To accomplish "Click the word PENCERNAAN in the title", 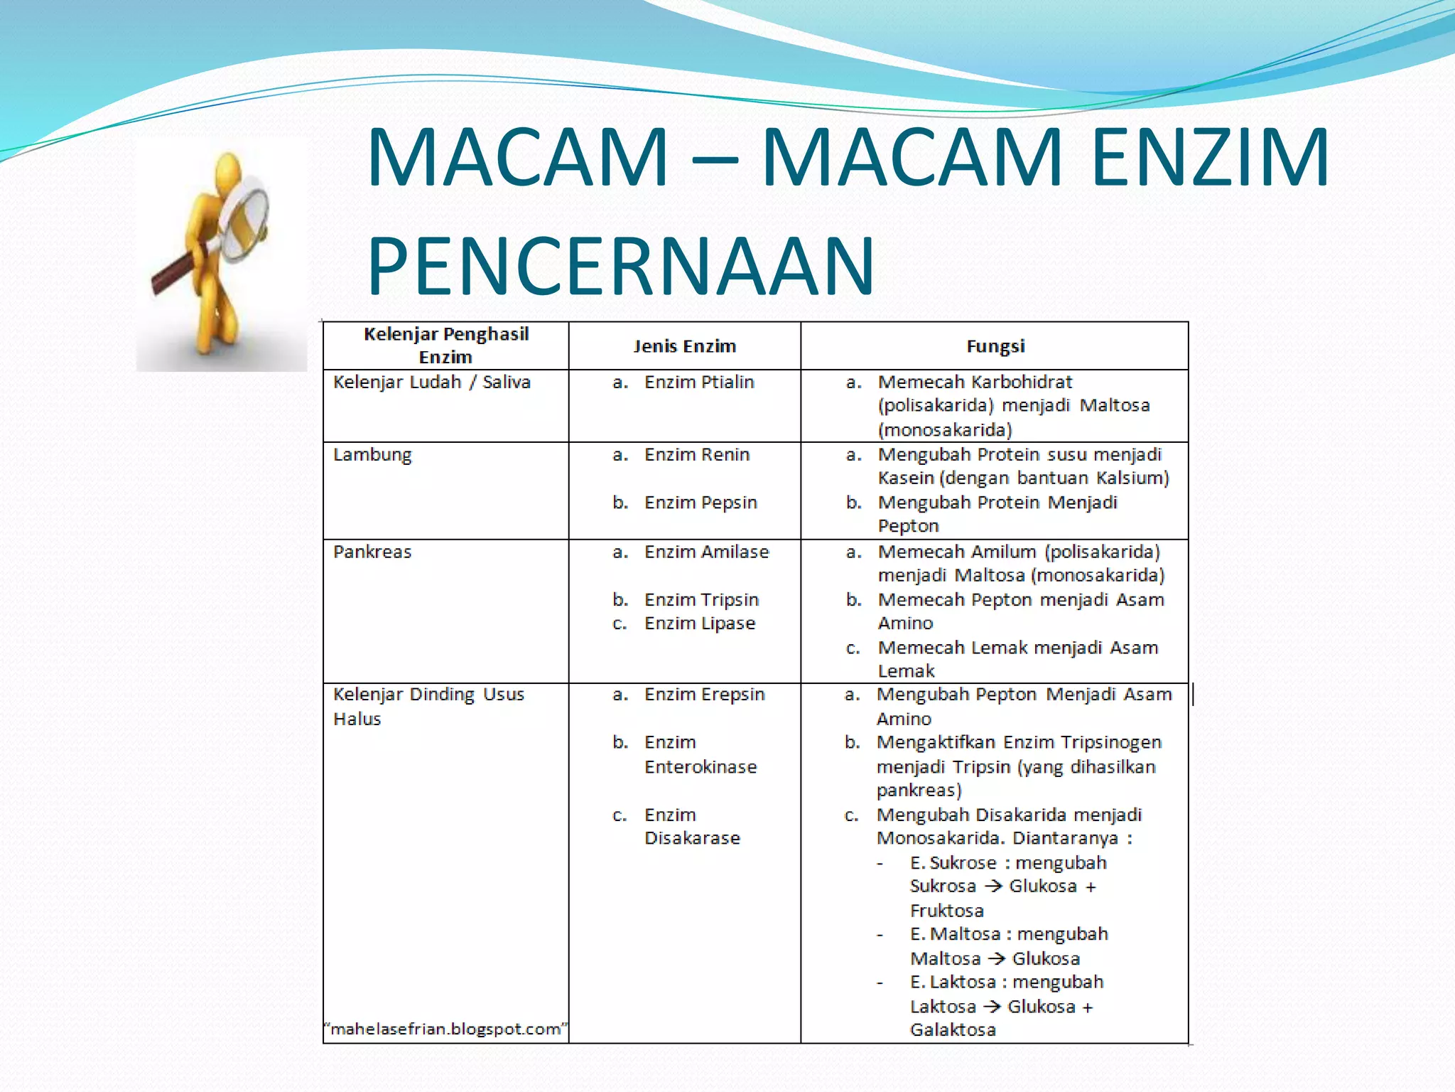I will (x=620, y=266).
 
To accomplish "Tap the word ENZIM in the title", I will (x=1209, y=157).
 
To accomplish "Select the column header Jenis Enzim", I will (x=684, y=346).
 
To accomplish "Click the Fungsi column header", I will (x=995, y=346).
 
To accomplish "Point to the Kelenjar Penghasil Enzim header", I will (x=445, y=346).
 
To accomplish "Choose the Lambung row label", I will (x=372, y=455).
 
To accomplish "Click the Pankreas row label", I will (x=372, y=552).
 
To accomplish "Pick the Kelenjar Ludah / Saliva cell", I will (x=432, y=382).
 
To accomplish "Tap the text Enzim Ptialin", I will (x=698, y=382).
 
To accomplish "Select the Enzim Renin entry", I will (x=696, y=455).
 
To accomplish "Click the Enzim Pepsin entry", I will (x=700, y=503).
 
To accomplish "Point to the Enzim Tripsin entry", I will (x=701, y=600).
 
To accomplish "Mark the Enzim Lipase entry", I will (x=699, y=623).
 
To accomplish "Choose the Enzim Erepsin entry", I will (x=704, y=695).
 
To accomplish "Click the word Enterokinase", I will (x=701, y=767).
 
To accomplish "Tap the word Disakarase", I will (x=692, y=838).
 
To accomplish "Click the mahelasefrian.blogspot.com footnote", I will (x=445, y=1029).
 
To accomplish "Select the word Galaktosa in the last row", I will (x=953, y=1029).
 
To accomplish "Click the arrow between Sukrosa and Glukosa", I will (x=992, y=887).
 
